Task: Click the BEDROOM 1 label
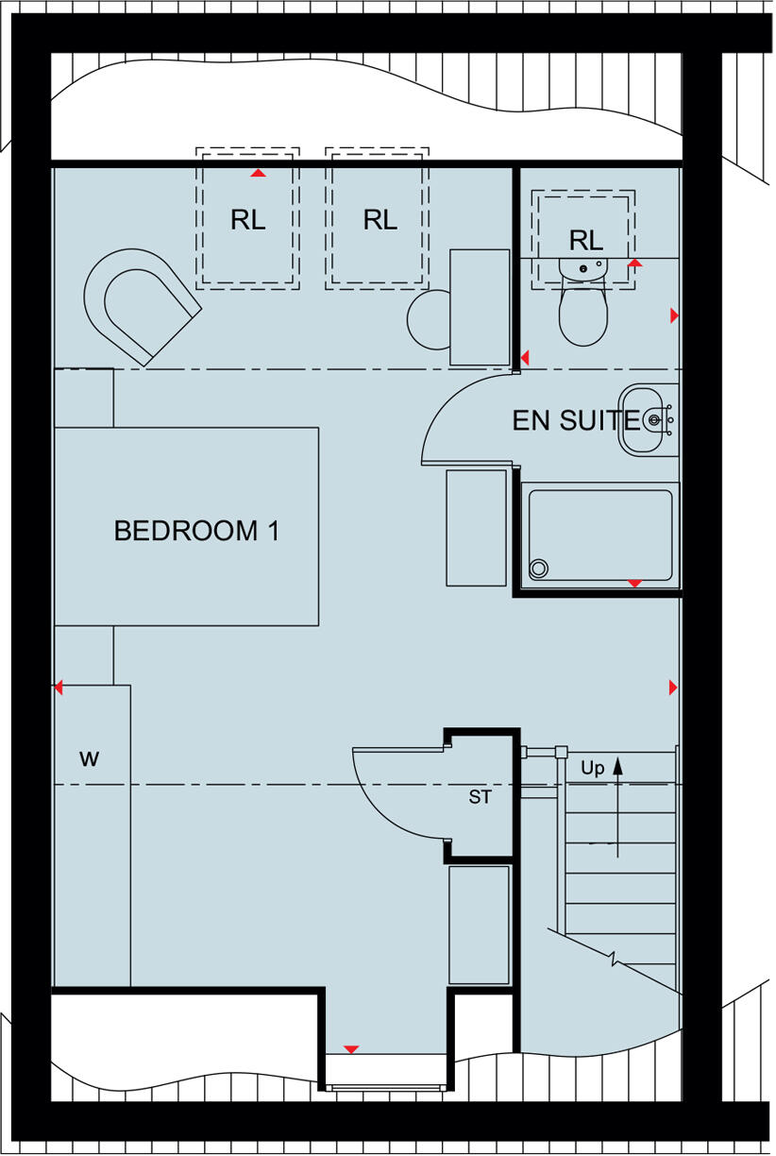pos(196,531)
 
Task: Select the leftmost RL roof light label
pos(247,220)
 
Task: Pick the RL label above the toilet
pos(585,241)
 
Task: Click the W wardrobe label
pos(89,757)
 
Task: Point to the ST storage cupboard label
pos(481,797)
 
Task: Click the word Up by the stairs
pos(592,768)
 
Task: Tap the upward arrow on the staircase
pos(618,803)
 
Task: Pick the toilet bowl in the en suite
pos(582,316)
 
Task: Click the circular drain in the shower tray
pos(539,568)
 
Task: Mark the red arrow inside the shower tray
pos(634,584)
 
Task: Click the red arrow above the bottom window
pos(351,1049)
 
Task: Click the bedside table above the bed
pos(84,398)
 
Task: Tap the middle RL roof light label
pos(380,220)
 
